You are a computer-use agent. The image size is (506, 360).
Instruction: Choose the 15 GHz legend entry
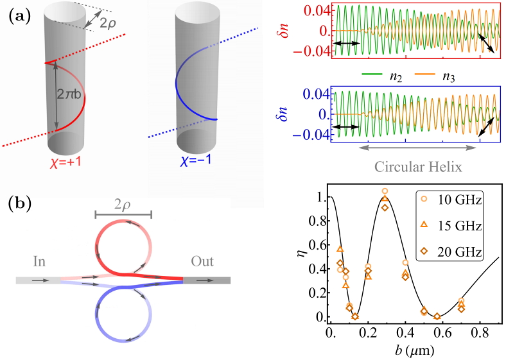(453, 225)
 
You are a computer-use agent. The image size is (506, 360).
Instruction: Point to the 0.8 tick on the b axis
(476, 332)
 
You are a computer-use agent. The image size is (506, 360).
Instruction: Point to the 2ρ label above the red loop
(123, 205)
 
